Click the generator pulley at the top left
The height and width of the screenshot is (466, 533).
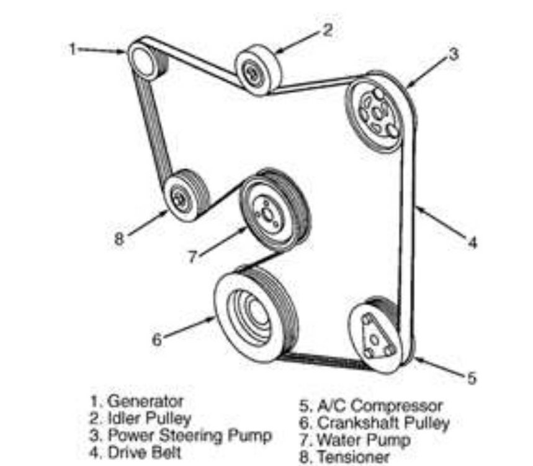146,62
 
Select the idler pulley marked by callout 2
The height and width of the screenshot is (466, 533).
258,72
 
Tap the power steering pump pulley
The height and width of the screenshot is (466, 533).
377,113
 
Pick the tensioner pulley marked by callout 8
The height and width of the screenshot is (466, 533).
186,195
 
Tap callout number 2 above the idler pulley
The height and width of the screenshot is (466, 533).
327,30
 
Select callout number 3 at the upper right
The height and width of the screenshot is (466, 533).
454,55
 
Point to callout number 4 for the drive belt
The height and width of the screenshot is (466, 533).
472,243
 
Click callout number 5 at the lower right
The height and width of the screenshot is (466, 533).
472,378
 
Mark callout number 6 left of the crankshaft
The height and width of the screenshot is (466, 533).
157,340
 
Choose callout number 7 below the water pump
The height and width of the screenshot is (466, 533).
192,257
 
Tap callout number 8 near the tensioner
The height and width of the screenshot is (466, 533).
119,239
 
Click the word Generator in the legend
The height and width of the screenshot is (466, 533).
145,401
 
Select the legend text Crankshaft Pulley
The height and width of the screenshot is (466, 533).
383,423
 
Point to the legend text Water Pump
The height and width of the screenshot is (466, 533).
363,440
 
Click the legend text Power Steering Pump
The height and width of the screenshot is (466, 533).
190,436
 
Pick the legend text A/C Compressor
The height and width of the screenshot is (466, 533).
379,406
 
